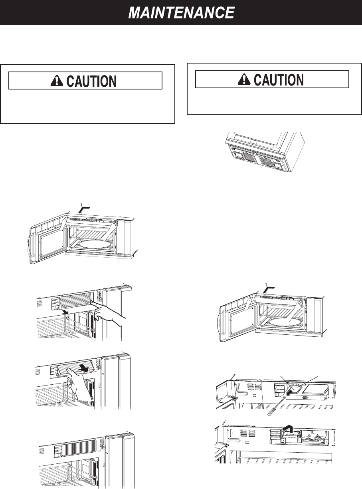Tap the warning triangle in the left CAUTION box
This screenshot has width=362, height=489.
pos(57,81)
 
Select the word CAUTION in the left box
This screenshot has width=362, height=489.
pos(92,81)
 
